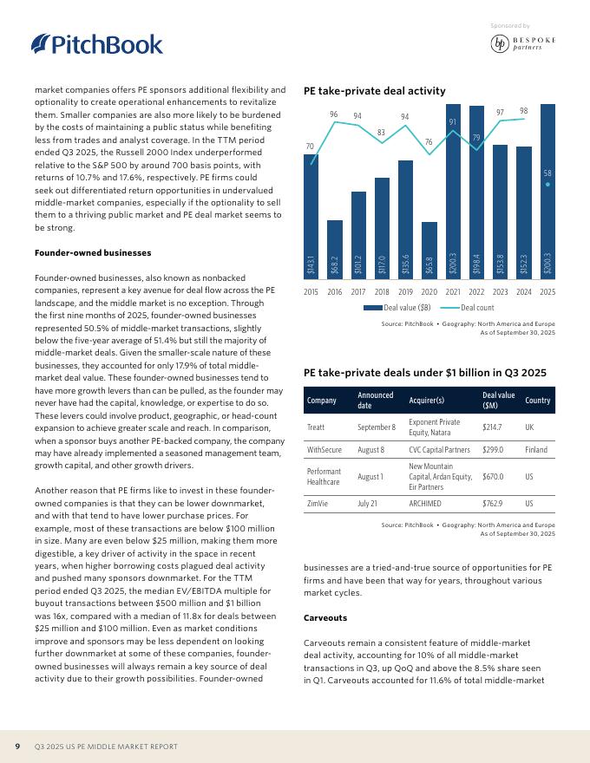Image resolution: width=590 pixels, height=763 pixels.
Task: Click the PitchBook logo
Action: (96, 44)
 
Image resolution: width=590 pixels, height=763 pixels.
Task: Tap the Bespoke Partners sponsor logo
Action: (523, 44)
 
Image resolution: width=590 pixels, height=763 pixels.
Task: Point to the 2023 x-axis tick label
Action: (501, 292)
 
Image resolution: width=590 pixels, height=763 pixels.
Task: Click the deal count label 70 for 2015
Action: (311, 147)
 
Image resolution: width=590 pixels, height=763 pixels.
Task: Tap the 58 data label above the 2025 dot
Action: (547, 173)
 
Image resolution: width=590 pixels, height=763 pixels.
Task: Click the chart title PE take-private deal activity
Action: (374, 91)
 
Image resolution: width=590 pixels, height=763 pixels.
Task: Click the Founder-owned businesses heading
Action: (93, 252)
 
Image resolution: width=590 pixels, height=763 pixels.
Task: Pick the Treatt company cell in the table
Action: (317, 427)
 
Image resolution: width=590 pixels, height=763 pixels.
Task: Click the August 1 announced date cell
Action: (370, 477)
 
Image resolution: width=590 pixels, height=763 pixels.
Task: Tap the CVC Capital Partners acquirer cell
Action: (439, 451)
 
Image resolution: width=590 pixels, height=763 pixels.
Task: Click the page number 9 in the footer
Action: (17, 746)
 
